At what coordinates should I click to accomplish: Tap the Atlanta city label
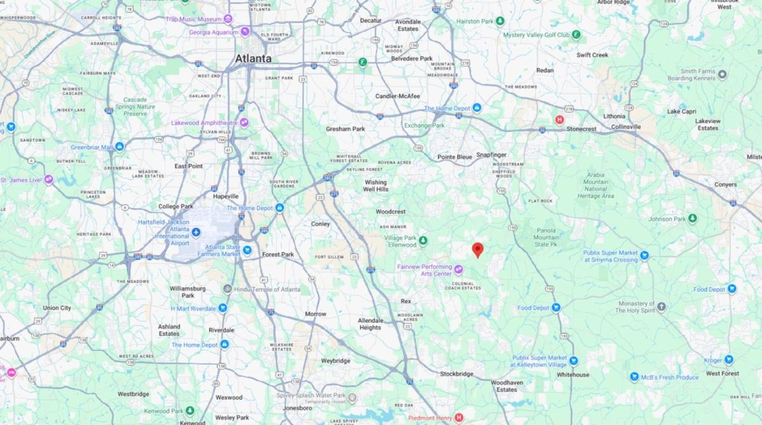pos(253,58)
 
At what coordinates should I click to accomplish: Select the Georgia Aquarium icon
pos(245,32)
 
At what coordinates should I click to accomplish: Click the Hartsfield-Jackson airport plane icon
pos(196,232)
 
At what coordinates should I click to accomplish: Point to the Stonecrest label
pos(581,129)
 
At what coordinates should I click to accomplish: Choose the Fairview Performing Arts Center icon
pos(458,269)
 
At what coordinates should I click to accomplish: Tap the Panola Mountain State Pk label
pos(545,237)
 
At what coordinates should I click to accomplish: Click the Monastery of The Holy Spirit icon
pos(662,307)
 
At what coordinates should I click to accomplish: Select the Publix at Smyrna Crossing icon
pos(645,256)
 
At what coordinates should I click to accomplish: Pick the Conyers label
pos(725,185)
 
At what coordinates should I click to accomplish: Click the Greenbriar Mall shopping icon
pos(119,147)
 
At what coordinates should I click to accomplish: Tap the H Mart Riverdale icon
pos(223,308)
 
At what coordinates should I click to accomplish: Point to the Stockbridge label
pos(457,374)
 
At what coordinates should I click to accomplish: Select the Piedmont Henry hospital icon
pos(458,417)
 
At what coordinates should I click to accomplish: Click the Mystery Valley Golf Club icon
pos(576,34)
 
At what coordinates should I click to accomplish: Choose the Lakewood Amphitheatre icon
pos(244,122)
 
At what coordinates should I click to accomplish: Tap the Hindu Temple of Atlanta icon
pos(227,289)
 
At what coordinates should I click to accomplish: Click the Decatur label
pos(370,20)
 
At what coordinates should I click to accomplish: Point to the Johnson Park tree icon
pos(693,219)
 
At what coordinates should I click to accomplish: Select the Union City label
pos(57,308)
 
